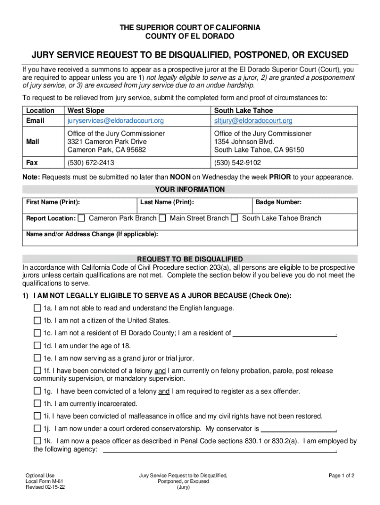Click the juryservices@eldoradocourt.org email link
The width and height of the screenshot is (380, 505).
point(115,121)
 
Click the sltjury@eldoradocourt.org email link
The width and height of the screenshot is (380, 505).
point(253,121)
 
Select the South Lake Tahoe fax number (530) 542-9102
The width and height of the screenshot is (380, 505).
point(237,162)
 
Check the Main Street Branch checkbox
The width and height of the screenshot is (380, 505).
point(164,218)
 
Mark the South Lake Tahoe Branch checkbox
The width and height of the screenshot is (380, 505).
point(235,218)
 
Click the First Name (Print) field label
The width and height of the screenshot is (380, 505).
point(53,202)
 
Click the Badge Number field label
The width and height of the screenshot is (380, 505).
point(278,202)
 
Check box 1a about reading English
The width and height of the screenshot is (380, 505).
point(38,308)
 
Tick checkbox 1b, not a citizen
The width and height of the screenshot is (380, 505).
point(38,321)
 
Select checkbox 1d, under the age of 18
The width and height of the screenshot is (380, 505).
point(38,346)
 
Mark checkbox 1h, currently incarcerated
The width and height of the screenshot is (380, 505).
point(38,403)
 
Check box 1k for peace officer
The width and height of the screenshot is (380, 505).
point(38,441)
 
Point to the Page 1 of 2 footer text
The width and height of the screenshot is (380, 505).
point(342,475)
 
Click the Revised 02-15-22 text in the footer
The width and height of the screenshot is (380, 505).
point(46,487)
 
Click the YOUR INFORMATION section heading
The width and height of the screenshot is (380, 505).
point(190,189)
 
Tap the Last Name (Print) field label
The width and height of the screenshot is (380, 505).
point(167,202)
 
